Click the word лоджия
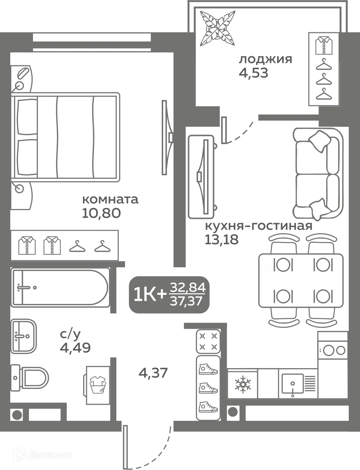[265, 59]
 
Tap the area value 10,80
[101, 213]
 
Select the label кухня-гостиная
[258, 226]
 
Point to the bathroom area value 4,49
[75, 348]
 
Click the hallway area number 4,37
[153, 373]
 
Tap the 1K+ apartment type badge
[169, 295]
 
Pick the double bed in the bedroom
[65, 137]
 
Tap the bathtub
[60, 287]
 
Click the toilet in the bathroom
[30, 378]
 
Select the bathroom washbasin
[23, 336]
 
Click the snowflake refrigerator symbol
[242, 384]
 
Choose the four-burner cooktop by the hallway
[208, 341]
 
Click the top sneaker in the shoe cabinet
[208, 370]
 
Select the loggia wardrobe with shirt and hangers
[324, 69]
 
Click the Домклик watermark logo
[42, 455]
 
